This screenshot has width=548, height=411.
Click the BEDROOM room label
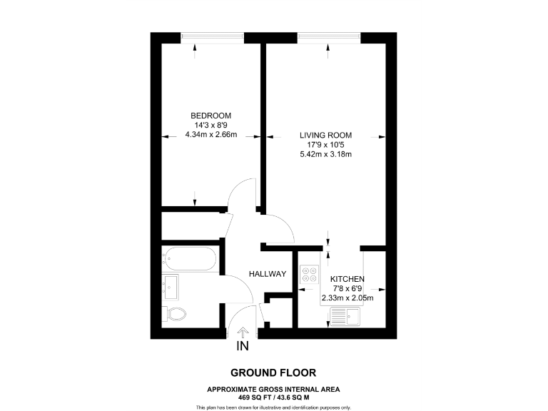210,116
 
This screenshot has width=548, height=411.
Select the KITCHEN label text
347,279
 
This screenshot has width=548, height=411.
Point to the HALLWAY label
268,274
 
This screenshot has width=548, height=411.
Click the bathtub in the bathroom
189,258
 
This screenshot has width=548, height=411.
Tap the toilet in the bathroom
175,313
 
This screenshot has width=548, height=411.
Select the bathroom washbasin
171,287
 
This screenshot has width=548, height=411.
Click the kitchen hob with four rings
310,275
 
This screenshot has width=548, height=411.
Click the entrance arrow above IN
243,332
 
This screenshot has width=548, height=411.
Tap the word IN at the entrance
243,347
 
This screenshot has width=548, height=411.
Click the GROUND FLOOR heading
273,372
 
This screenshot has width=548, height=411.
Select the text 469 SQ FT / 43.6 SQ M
273,396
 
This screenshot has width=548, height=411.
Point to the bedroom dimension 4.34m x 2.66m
210,134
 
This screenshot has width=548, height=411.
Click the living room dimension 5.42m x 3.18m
325,154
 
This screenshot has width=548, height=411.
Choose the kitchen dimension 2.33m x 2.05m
347,298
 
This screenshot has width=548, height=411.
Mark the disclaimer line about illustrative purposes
273,407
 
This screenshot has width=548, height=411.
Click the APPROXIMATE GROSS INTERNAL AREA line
273,389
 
